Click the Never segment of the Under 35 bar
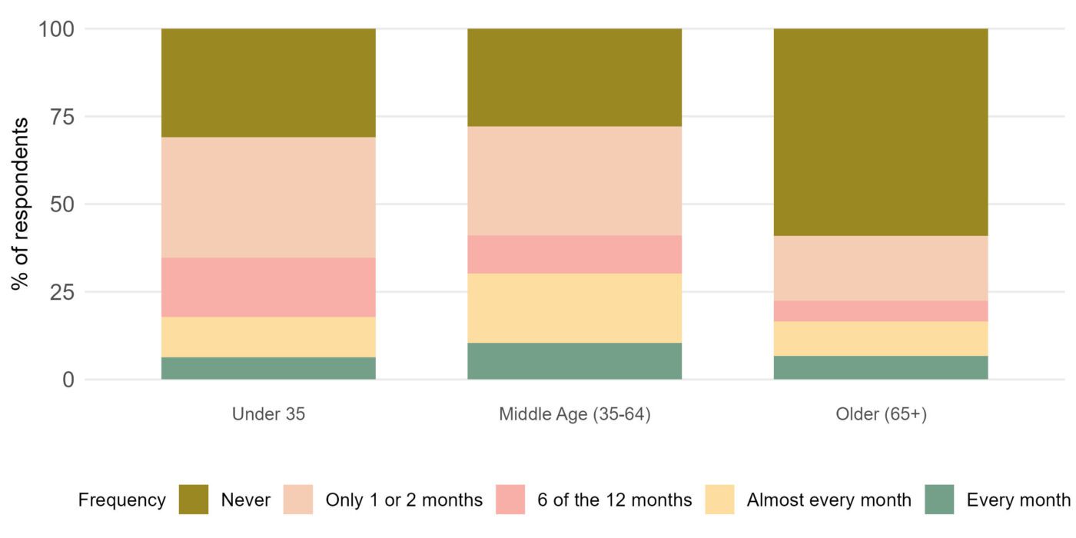[x=268, y=83]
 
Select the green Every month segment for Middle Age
[x=574, y=361]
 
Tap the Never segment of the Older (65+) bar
[x=880, y=132]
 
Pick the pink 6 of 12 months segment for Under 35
[x=268, y=287]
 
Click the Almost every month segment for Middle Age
[x=574, y=308]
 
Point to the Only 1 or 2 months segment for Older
[x=880, y=268]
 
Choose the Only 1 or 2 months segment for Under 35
[x=268, y=198]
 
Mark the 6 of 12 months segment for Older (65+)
[x=880, y=311]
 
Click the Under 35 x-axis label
[x=268, y=414]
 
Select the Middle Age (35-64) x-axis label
[x=574, y=414]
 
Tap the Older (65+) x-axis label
[x=881, y=414]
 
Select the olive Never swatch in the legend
[x=194, y=500]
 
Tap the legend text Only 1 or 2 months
[x=403, y=500]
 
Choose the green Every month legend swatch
[x=939, y=500]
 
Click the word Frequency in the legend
[x=121, y=500]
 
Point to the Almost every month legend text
[x=829, y=500]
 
